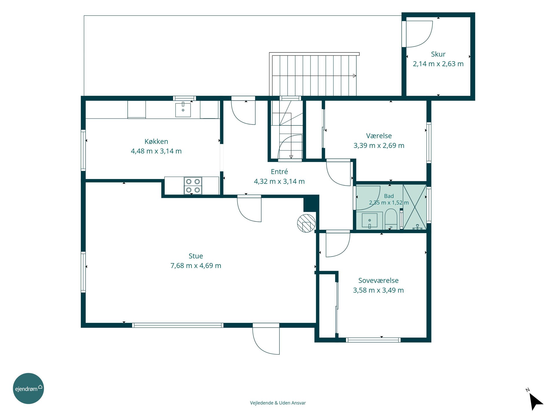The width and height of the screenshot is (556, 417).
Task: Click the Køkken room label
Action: coord(156,141)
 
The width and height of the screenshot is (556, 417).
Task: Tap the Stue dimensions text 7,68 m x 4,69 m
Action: coord(196,266)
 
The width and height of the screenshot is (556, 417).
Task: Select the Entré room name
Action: coord(279,171)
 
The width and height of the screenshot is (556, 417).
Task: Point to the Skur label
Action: coord(438,54)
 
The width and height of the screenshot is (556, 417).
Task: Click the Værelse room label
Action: coord(379,136)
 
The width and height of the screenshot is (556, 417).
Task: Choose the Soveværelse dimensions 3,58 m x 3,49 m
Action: coord(378,290)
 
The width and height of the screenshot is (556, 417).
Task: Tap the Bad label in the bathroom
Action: coord(389,196)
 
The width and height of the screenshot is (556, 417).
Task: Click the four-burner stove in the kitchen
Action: coord(193,185)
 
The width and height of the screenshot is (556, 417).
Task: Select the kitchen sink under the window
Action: coord(183,109)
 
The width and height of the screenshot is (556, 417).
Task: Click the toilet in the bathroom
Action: coord(391,219)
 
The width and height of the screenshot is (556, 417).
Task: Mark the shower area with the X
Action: coord(415,207)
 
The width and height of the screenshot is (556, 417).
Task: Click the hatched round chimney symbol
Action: coord(306,223)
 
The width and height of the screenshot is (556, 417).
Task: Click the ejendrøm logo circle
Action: coord(28,388)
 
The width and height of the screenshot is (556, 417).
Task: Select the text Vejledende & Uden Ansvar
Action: coord(278,403)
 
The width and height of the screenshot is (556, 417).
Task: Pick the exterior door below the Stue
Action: coord(266,339)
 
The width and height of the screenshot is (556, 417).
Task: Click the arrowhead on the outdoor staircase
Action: coord(354,76)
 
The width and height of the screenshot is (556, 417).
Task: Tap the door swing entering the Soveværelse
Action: coord(338,245)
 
